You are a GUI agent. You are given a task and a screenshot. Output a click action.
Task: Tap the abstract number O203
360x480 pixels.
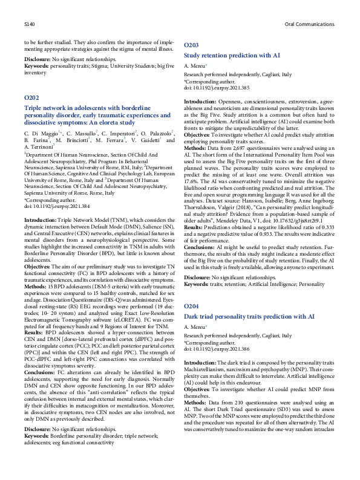(191, 45)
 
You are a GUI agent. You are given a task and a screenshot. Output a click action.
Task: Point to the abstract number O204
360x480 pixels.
(191, 307)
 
